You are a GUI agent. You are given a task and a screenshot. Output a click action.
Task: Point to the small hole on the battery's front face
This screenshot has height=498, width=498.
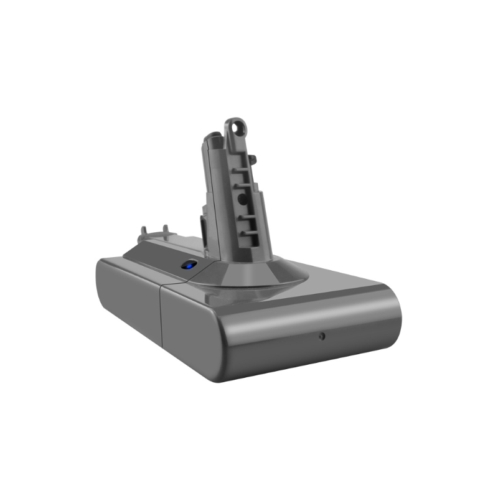[322, 336]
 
